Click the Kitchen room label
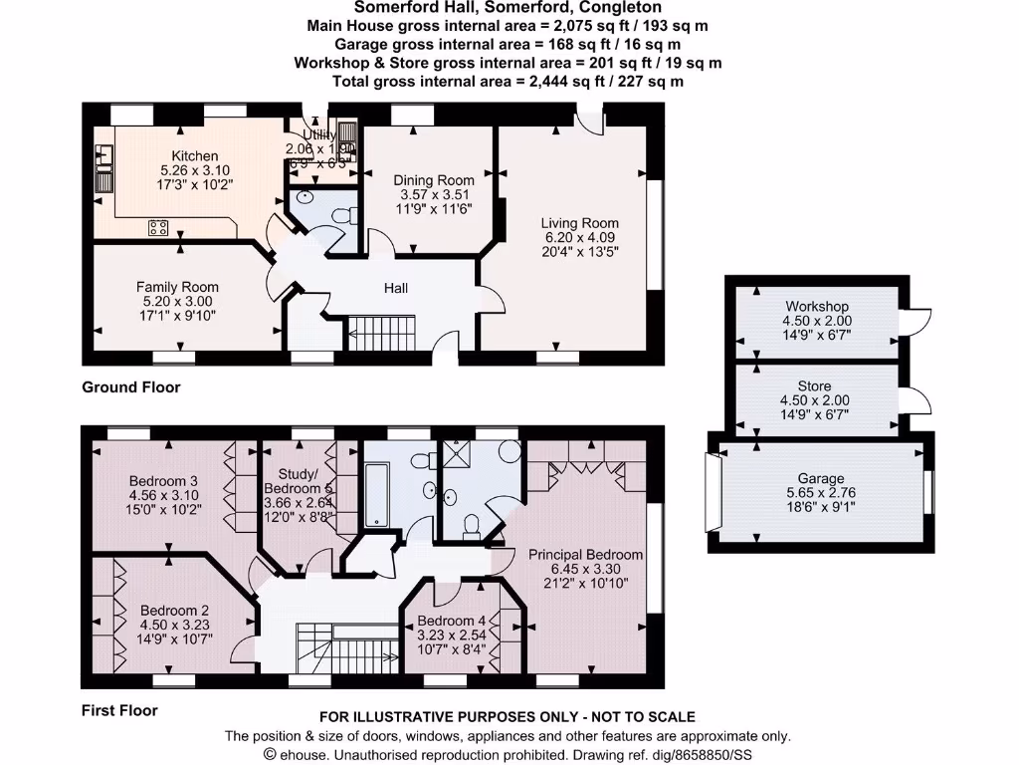(195, 156)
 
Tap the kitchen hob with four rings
(158, 227)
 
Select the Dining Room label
(434, 180)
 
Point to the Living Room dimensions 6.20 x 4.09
(579, 238)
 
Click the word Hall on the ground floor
(396, 289)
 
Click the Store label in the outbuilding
(814, 385)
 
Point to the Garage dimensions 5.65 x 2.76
(821, 492)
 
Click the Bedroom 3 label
(163, 481)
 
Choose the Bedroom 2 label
(174, 611)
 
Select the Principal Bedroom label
(585, 554)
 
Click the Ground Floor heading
(130, 386)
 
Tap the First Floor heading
(119, 710)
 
